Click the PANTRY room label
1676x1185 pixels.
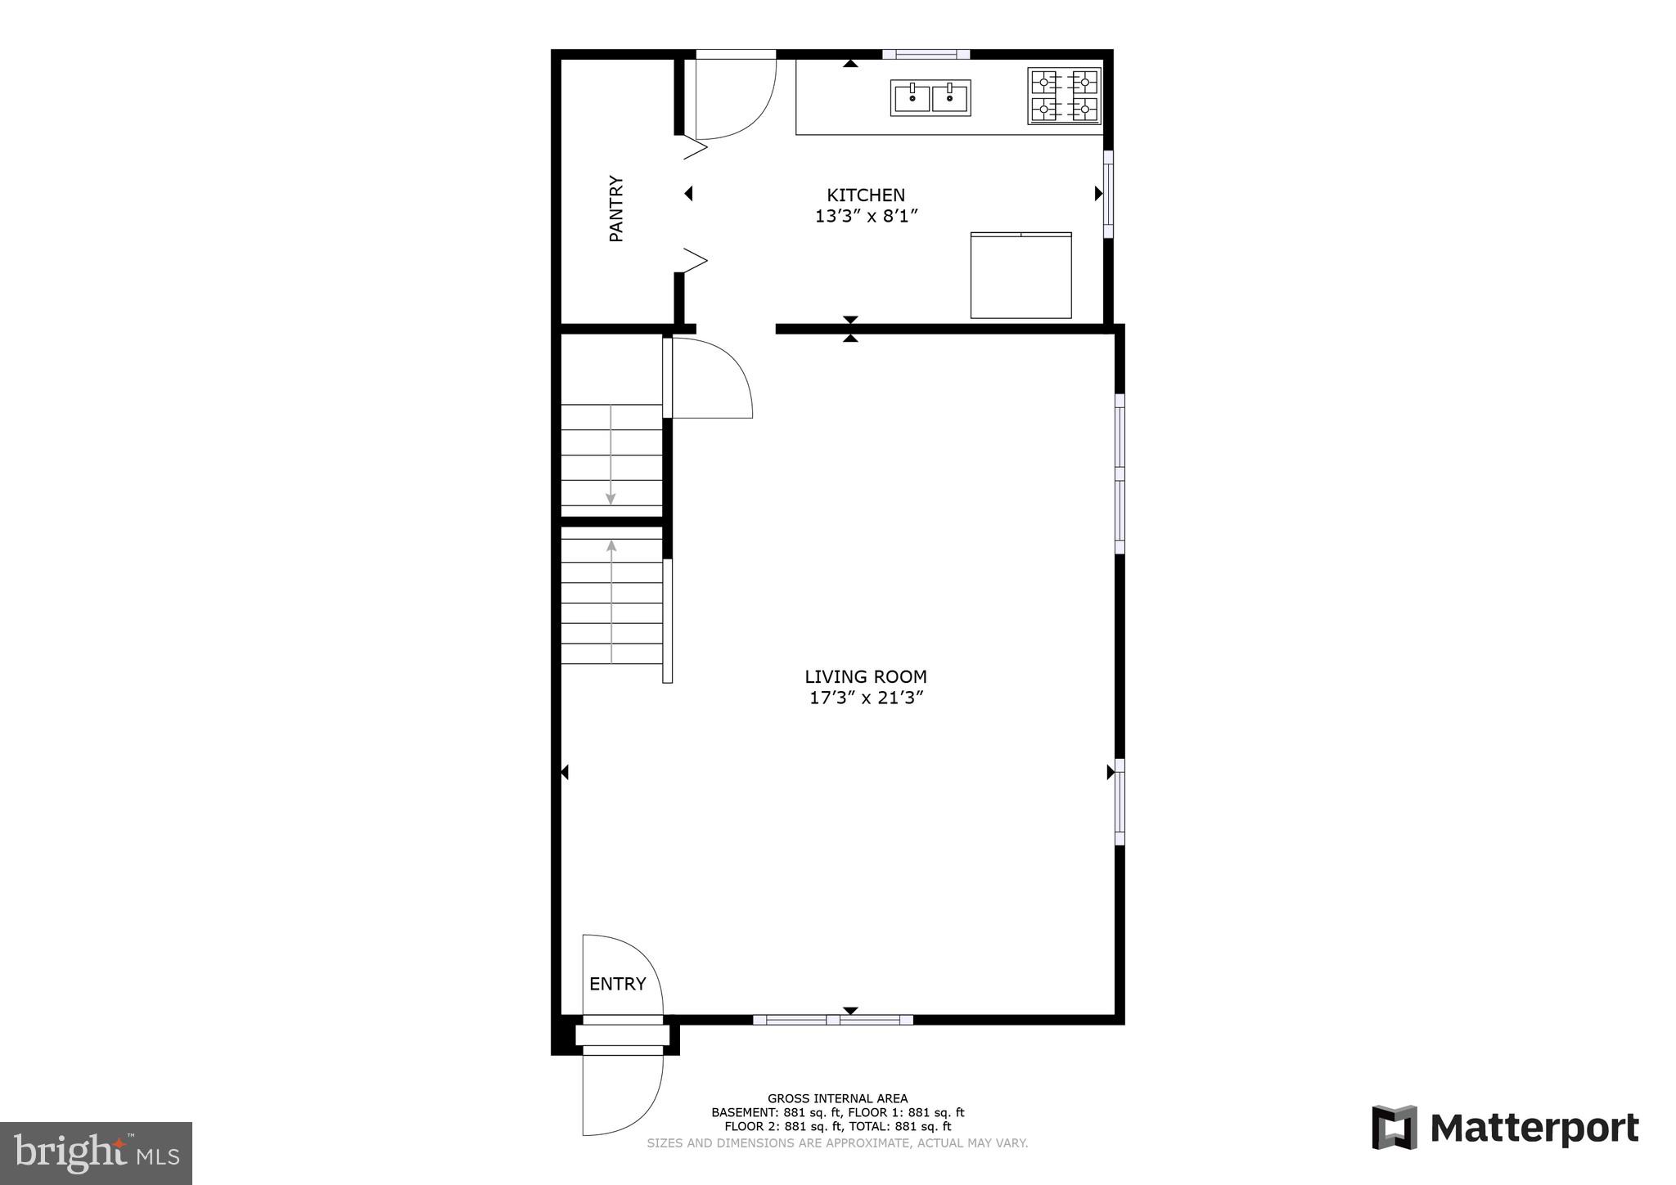click(616, 209)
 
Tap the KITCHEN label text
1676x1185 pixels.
click(866, 195)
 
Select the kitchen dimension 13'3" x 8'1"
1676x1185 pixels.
click(866, 217)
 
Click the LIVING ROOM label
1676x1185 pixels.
click(866, 676)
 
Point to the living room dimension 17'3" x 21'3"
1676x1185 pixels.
click(866, 698)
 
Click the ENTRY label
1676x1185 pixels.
click(618, 984)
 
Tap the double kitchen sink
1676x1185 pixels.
click(930, 98)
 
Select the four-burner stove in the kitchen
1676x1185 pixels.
click(1064, 96)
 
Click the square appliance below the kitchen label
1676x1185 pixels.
click(1020, 276)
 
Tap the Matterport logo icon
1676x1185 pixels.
click(1394, 1128)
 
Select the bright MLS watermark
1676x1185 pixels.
click(97, 1153)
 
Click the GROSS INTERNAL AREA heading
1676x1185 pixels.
click(837, 1098)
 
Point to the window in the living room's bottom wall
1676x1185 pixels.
click(832, 1020)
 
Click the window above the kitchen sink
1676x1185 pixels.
click(926, 55)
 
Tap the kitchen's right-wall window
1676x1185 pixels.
click(1108, 194)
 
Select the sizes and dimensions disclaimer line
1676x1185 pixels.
click(837, 1143)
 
